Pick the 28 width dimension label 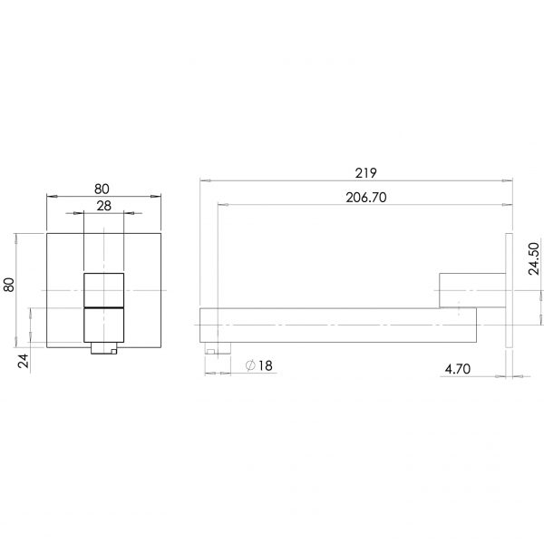[104, 207]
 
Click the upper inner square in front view [104, 289]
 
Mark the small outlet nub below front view [104, 349]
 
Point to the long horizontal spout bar [335, 325]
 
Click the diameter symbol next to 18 [250, 365]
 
